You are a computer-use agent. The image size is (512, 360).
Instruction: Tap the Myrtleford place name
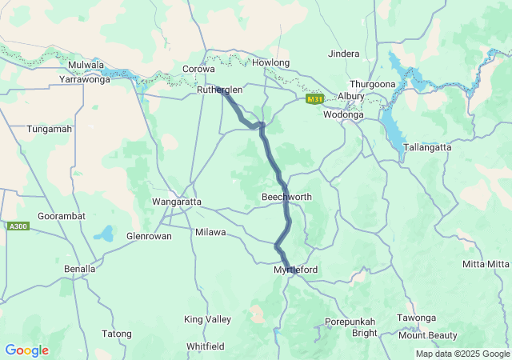click(295, 270)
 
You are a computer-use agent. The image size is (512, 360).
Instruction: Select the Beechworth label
click(286, 197)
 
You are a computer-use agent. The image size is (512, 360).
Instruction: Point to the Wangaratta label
click(177, 202)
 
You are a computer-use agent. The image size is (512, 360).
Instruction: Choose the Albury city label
click(351, 96)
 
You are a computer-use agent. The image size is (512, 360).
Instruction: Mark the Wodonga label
click(343, 114)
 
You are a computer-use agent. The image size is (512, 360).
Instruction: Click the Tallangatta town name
click(427, 148)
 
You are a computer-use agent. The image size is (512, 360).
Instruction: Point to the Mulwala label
click(86, 65)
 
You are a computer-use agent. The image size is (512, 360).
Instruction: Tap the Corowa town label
click(199, 70)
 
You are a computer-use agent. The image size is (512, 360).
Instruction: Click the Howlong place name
click(270, 62)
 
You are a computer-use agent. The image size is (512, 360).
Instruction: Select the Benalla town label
click(79, 269)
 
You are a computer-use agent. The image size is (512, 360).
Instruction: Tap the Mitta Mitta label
click(486, 264)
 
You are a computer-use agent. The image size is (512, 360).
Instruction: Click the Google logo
click(26, 350)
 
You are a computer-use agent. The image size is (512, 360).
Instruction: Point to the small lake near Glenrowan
click(103, 234)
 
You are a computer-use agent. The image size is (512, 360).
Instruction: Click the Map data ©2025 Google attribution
click(462, 354)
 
